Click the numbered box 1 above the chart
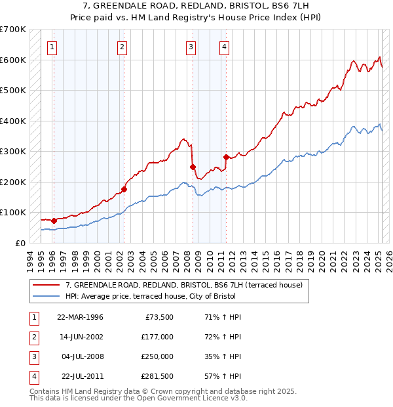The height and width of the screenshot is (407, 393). point(52,47)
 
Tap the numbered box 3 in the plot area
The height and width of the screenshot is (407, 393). point(190,47)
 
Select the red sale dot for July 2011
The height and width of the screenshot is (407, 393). point(226,157)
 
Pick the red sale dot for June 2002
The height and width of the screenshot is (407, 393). point(124,189)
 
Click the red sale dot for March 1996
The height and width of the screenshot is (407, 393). point(54,221)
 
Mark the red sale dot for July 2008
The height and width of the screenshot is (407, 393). point(193,167)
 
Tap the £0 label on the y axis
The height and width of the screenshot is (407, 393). point(20,243)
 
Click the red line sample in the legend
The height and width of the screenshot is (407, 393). point(47,286)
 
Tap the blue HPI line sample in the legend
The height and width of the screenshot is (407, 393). point(47,296)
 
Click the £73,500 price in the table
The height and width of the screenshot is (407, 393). point(157,317)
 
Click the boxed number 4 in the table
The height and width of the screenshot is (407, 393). point(33,376)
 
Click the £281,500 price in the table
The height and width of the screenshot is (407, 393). point(155,376)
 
